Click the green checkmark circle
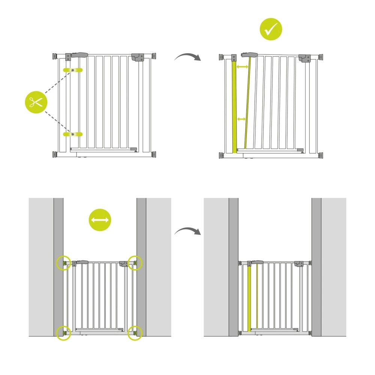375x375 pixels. (271, 30)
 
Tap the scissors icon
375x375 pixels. (36, 102)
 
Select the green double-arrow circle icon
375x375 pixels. (100, 220)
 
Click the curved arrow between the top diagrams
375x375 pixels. (187, 57)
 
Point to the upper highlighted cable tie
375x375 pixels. (73, 70)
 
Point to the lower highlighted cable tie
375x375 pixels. (73, 134)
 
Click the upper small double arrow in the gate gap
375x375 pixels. (243, 67)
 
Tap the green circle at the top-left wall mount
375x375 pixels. (63, 263)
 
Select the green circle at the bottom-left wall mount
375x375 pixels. (63, 333)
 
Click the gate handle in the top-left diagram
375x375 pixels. (79, 55)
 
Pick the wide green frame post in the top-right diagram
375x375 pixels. (235, 107)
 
